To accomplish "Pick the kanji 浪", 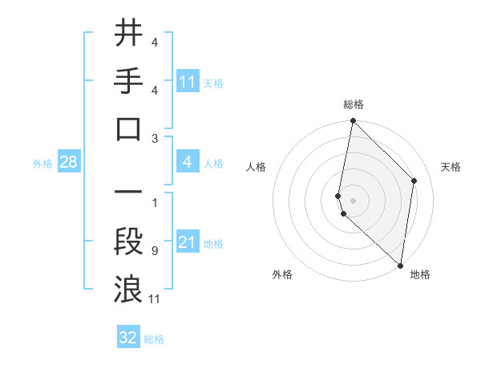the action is click(x=129, y=287).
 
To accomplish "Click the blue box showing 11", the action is click(x=188, y=81).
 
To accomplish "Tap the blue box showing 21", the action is click(x=188, y=242).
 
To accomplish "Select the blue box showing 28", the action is click(x=69, y=163).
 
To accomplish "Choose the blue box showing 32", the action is click(x=128, y=338).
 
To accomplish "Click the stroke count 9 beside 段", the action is click(x=154, y=251).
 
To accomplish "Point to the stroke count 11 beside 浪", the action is click(x=156, y=299).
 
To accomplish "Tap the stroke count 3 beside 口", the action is click(x=154, y=138).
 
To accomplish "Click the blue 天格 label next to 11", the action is click(x=213, y=83).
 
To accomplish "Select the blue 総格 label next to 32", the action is click(x=154, y=339).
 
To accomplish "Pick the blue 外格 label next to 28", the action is click(x=42, y=164).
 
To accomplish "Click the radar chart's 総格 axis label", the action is click(x=354, y=104).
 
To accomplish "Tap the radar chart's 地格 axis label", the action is click(x=420, y=274).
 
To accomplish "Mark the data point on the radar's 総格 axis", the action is click(x=353, y=121).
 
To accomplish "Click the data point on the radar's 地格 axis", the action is click(x=401, y=266).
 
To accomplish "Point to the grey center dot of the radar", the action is click(x=353, y=200).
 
